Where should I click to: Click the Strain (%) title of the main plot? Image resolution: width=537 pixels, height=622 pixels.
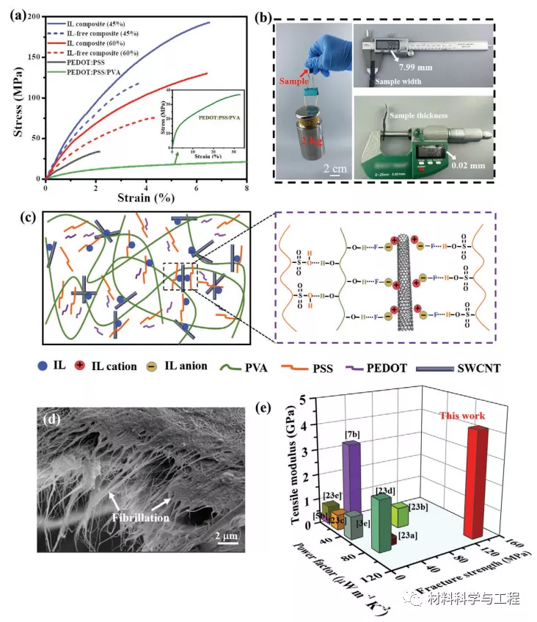click(x=146, y=198)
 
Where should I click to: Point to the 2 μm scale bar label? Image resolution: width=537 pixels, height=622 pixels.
click(x=227, y=537)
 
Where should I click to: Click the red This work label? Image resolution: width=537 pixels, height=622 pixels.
click(x=462, y=416)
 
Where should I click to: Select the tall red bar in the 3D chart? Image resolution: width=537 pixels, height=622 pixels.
click(x=475, y=481)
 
